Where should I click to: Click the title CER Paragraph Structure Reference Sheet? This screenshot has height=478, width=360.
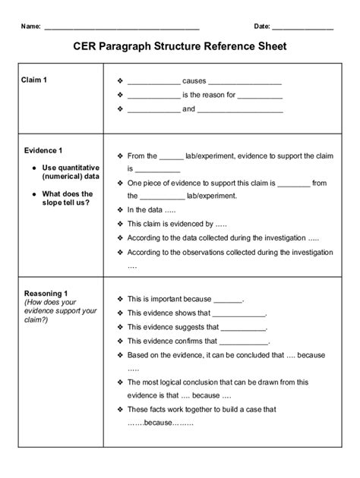179,47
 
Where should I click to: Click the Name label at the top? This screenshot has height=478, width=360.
30,26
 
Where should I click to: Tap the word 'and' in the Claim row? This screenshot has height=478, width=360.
188,109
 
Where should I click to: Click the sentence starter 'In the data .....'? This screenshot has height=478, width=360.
151,210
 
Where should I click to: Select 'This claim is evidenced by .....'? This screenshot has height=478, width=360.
177,224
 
